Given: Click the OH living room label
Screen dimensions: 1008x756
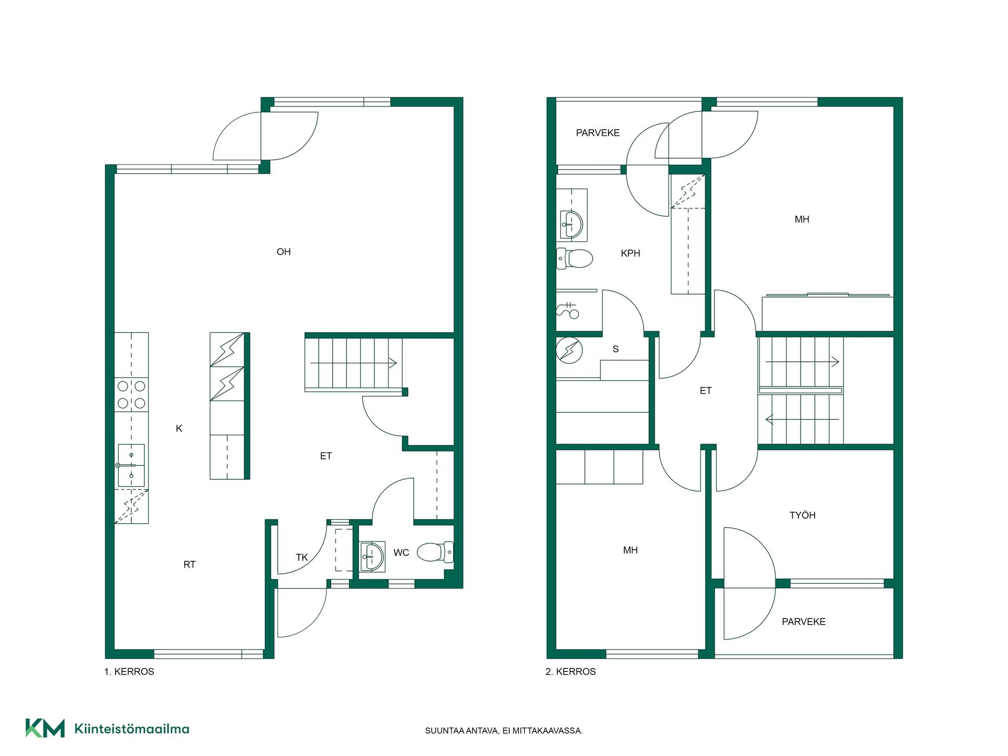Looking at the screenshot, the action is click(x=283, y=252).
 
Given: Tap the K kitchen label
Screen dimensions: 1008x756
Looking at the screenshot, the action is click(x=179, y=428).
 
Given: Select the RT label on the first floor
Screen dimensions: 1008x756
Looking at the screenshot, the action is click(x=190, y=564).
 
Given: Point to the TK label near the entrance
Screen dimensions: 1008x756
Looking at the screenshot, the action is click(x=302, y=557).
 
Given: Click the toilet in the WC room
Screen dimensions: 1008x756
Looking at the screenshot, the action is click(x=435, y=552).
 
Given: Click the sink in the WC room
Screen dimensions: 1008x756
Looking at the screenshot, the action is click(x=373, y=556).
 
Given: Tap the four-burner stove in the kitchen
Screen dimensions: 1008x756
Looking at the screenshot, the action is click(x=131, y=395).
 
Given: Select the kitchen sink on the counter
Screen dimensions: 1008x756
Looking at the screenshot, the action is click(x=131, y=465).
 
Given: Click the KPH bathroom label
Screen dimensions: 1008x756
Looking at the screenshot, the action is click(x=631, y=253).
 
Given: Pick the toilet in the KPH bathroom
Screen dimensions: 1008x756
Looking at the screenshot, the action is click(x=574, y=258).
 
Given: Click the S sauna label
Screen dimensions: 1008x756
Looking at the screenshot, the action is click(x=616, y=349).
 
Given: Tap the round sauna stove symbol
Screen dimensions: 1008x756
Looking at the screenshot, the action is click(x=569, y=350).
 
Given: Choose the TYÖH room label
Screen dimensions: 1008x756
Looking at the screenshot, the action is click(x=802, y=516).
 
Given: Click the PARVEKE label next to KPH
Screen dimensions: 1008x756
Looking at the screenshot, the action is click(x=598, y=133).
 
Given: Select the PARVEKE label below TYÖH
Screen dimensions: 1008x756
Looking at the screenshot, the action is click(x=804, y=622).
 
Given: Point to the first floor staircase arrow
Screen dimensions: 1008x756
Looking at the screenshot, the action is click(x=353, y=363).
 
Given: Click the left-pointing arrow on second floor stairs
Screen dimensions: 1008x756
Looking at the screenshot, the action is click(x=802, y=419).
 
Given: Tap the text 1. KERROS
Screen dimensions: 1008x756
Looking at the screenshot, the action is click(x=129, y=671).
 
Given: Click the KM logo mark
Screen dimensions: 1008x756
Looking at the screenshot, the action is click(x=45, y=728).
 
